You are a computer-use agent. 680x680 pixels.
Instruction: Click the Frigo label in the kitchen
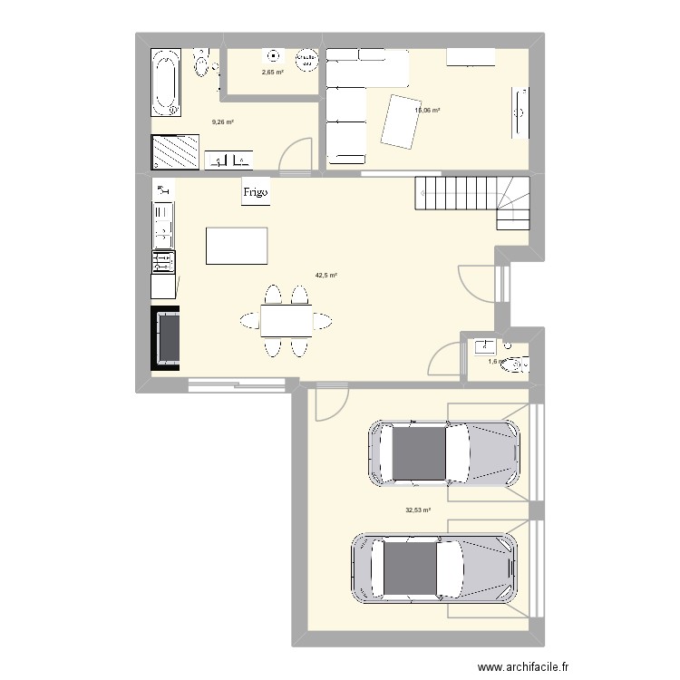255,192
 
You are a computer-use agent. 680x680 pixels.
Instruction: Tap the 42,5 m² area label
326,276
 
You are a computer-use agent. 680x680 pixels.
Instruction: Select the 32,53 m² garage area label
417,510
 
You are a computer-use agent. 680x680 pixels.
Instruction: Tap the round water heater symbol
307,58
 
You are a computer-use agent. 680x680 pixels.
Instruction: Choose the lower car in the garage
435,568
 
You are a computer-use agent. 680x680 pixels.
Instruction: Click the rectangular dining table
286,320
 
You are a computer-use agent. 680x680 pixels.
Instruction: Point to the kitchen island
238,246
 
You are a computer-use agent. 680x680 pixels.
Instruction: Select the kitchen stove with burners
163,262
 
